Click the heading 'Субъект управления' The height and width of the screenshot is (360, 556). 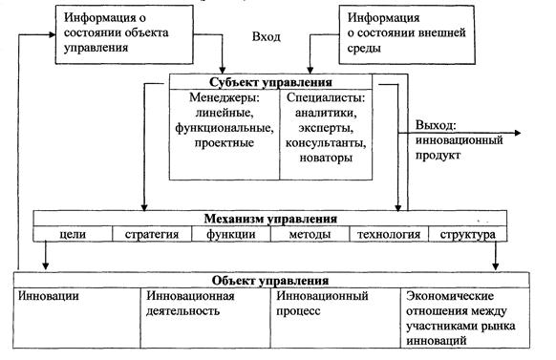[278, 82]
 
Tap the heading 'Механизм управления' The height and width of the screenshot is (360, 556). [267, 218]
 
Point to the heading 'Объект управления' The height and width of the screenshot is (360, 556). [271, 281]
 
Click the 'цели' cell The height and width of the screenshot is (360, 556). [73, 233]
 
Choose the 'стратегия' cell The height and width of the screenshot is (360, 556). [151, 233]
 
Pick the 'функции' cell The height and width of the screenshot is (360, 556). [229, 233]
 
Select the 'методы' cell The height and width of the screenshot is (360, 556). [311, 233]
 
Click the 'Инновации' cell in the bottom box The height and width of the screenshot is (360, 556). [48, 296]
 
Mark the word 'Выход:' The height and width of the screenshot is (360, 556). [436, 125]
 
